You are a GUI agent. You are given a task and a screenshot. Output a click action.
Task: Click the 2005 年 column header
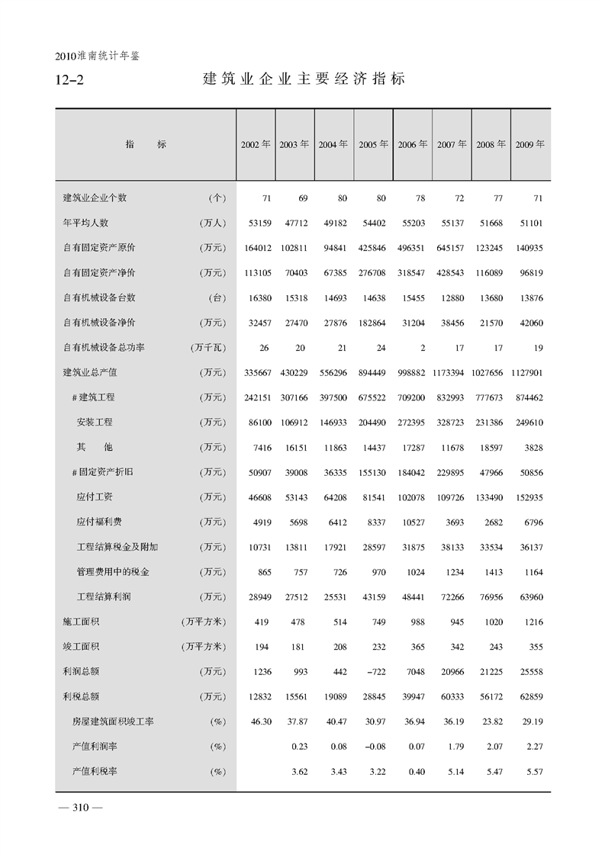tap(373, 144)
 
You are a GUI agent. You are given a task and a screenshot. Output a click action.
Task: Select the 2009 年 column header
tap(529, 144)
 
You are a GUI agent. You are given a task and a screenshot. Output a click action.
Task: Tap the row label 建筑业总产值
tap(89, 372)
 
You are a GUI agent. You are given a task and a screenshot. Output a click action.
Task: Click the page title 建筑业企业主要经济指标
tap(303, 79)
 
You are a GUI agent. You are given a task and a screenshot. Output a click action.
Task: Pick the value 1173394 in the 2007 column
tap(452, 372)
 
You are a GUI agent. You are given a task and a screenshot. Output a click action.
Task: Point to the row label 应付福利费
tap(99, 522)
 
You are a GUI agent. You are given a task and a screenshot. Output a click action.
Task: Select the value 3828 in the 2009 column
tap(533, 447)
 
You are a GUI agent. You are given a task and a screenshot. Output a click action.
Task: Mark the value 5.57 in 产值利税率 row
tap(533, 771)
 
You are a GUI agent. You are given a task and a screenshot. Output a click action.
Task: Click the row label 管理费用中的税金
tap(113, 571)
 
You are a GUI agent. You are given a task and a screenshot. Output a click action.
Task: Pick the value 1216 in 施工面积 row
tap(533, 622)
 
